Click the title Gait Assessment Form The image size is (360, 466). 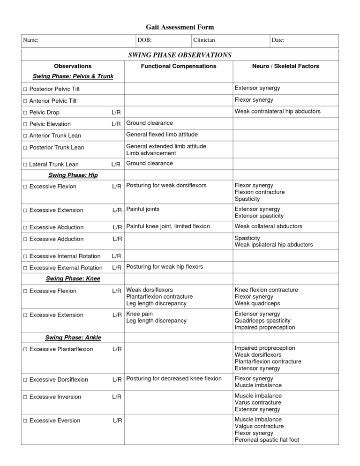[180, 27]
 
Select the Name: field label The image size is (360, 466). [31, 41]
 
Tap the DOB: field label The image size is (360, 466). [144, 41]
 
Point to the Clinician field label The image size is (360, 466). [204, 41]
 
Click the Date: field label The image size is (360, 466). [278, 41]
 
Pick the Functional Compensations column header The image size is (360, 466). [179, 66]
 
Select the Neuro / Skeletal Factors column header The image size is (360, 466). [285, 66]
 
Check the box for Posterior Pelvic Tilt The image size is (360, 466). [25, 89]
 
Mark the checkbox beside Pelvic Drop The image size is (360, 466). [25, 113]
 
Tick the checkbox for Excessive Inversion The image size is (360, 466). [25, 397]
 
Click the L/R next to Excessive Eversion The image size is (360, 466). [117, 421]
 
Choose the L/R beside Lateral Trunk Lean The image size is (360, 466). [116, 165]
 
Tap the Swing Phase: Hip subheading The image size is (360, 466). [73, 175]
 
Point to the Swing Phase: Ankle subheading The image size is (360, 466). [73, 338]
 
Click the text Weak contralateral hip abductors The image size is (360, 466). [277, 112]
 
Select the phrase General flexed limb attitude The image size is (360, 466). [162, 135]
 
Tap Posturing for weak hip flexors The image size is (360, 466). [165, 267]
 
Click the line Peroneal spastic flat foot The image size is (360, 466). [267, 440]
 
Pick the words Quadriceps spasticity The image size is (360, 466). [262, 321]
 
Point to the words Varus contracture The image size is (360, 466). [258, 403]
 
